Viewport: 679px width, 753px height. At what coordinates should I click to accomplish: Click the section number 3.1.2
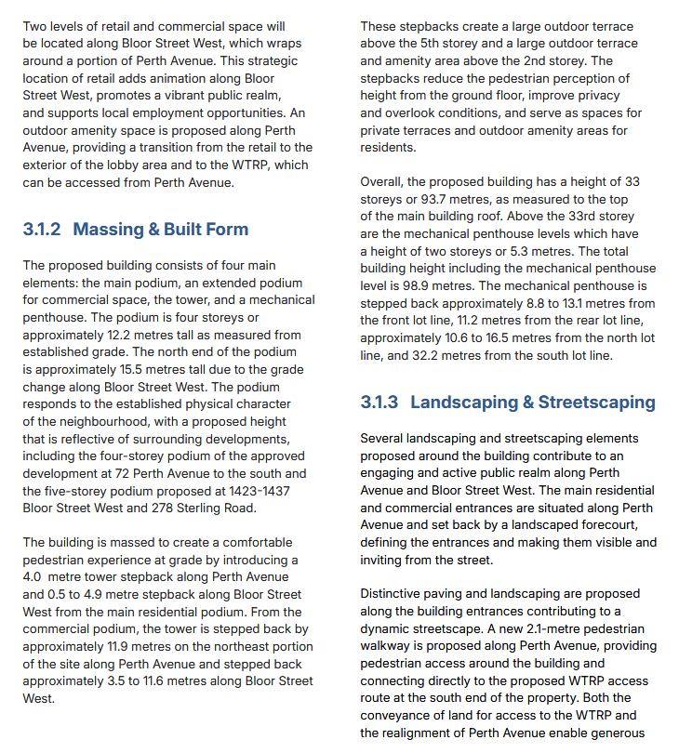click(43, 229)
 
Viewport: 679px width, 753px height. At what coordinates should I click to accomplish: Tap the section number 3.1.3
click(379, 402)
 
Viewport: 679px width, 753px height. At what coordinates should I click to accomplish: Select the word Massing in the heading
click(107, 229)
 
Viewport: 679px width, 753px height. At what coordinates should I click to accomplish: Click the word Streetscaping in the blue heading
click(596, 402)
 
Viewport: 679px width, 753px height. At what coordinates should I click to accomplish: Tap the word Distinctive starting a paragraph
click(393, 592)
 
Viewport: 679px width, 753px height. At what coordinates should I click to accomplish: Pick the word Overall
click(382, 182)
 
